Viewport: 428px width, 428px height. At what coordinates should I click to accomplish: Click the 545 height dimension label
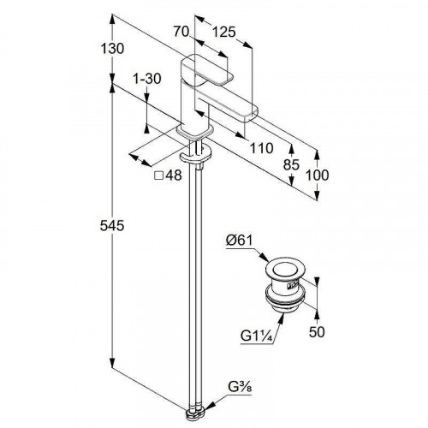[112, 226]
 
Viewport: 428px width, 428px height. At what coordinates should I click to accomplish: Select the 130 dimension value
[112, 49]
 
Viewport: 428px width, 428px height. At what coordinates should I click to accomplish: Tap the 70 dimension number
[181, 31]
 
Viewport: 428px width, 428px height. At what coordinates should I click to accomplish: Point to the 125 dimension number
[224, 32]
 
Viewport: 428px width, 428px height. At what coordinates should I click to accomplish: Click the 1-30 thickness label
[147, 79]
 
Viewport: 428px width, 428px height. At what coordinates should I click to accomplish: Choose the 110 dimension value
[261, 148]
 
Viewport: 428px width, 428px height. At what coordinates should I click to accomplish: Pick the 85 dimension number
[291, 165]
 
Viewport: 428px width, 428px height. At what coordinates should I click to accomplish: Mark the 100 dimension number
[318, 175]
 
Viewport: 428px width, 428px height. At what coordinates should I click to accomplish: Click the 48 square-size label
[174, 175]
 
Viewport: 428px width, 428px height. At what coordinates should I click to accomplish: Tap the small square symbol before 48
[158, 175]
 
